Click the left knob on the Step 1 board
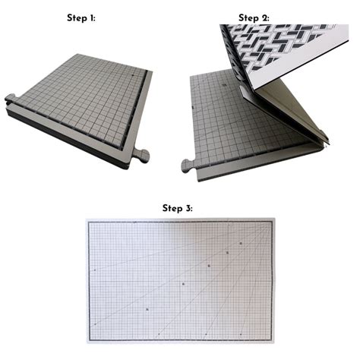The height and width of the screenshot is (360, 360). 10,98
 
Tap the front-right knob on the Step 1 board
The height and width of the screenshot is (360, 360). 141,156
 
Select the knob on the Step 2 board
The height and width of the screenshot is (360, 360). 187,165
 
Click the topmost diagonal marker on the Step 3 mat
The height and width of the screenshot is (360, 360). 241,244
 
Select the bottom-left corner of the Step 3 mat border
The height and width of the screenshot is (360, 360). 91,337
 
